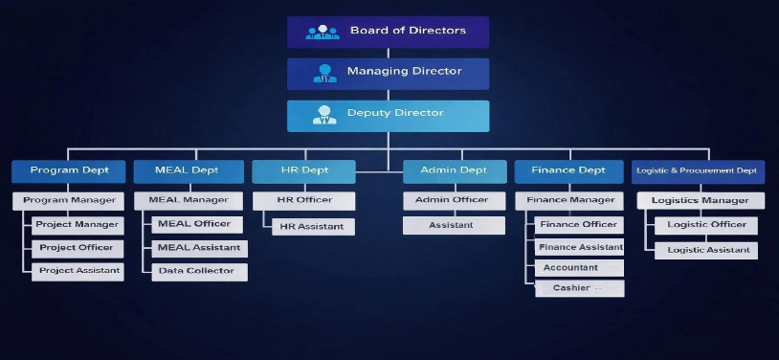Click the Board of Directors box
[388, 32]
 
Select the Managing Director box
[388, 73]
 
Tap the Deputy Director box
[388, 115]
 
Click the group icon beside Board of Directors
[323, 32]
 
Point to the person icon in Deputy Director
[324, 115]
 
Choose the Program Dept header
[69, 171]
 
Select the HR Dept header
[303, 171]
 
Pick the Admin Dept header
[453, 171]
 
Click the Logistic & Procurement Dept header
[698, 171]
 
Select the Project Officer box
[78, 248]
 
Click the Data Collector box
[199, 272]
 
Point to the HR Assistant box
[313, 227]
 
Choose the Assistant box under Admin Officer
[453, 226]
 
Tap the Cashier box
[579, 288]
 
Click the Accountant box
[579, 268]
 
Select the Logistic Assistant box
[705, 250]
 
